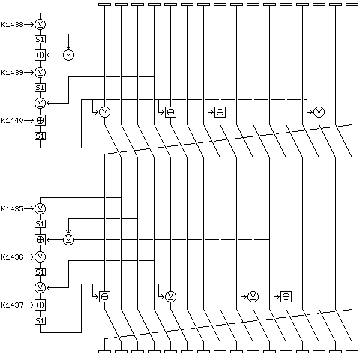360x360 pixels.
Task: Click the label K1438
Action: click(x=12, y=25)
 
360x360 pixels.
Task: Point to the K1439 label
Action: click(x=12, y=73)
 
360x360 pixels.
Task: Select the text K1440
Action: click(x=12, y=121)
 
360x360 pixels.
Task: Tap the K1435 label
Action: click(x=12, y=208)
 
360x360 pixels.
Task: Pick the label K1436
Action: click(x=12, y=256)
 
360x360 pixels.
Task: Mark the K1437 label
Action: click(x=12, y=305)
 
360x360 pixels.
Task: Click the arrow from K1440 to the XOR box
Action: click(x=29, y=121)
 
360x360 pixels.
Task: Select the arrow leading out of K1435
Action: click(x=29, y=208)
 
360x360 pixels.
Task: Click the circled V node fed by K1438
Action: click(x=40, y=24)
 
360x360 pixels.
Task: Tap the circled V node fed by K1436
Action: click(x=40, y=256)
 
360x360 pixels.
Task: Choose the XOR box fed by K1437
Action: click(x=40, y=305)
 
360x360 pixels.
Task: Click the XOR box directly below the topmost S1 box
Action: click(x=40, y=55)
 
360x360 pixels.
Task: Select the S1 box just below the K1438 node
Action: click(x=40, y=40)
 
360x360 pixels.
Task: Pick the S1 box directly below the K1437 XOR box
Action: click(x=40, y=321)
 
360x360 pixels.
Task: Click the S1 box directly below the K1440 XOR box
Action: click(x=40, y=136)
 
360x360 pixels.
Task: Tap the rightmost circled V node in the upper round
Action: click(x=319, y=112)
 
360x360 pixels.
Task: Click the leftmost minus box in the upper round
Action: click(x=170, y=112)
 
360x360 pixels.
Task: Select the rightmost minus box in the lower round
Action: click(x=286, y=296)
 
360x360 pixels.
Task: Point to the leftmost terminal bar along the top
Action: click(x=104, y=4)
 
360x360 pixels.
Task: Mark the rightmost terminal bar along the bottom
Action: click(x=352, y=352)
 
